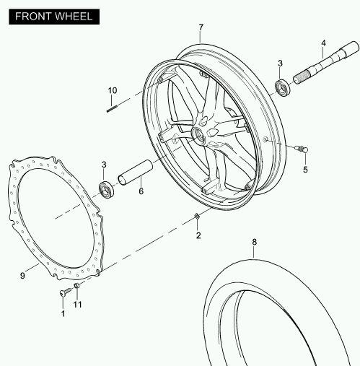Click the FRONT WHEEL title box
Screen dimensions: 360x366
pyautogui.click(x=54, y=17)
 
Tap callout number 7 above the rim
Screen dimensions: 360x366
pyautogui.click(x=201, y=27)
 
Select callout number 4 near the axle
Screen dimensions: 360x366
pyautogui.click(x=323, y=43)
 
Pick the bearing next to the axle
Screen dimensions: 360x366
pyautogui.click(x=283, y=87)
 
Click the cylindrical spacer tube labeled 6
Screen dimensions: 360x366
pyautogui.click(x=136, y=173)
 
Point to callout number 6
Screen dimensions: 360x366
pyautogui.click(x=141, y=191)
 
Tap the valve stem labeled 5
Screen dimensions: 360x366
pyautogui.click(x=302, y=149)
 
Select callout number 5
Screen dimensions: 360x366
pyautogui.click(x=305, y=170)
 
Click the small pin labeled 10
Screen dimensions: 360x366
pyautogui.click(x=112, y=109)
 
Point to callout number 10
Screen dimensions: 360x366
pyautogui.click(x=113, y=90)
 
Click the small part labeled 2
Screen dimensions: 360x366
pyautogui.click(x=197, y=216)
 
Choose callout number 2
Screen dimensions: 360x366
pyautogui.click(x=198, y=235)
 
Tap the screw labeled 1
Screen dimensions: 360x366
pyautogui.click(x=65, y=292)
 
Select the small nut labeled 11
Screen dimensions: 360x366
pyautogui.click(x=76, y=286)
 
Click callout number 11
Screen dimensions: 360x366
pyautogui.click(x=77, y=305)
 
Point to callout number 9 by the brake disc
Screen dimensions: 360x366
pyautogui.click(x=22, y=276)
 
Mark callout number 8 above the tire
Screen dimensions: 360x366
pyautogui.click(x=255, y=242)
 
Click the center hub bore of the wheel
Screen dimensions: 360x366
pyautogui.click(x=198, y=135)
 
